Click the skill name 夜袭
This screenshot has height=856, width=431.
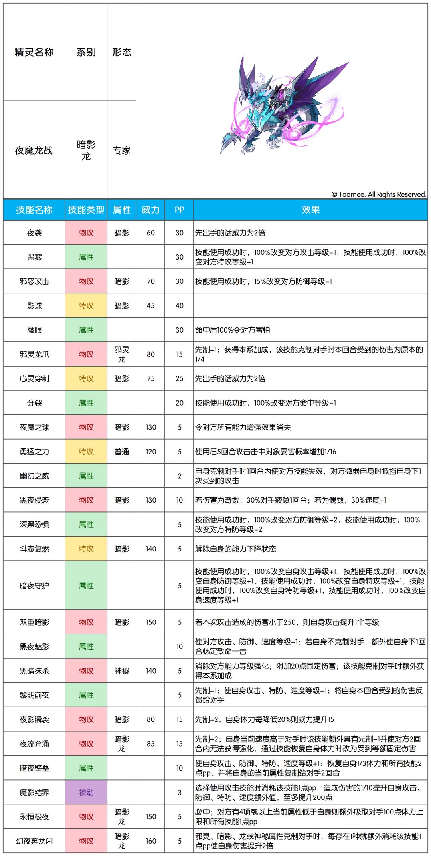[34, 233]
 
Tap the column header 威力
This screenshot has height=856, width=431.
[150, 210]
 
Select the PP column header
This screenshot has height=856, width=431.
[179, 210]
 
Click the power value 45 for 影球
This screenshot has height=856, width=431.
[150, 306]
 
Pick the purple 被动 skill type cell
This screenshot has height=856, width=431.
[86, 792]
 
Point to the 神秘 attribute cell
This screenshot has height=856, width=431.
[122, 671]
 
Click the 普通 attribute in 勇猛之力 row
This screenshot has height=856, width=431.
[122, 452]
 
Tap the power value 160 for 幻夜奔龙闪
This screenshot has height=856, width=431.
[150, 841]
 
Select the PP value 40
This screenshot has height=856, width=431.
[179, 306]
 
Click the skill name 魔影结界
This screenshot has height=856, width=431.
[34, 792]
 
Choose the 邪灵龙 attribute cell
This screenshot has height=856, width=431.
[122, 354]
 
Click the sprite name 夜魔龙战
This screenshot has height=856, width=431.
[34, 150]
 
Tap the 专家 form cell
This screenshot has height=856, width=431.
[122, 150]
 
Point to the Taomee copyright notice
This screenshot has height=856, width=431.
[379, 194]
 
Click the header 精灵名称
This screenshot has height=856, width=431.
[34, 52]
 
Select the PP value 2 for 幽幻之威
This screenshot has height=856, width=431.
[179, 476]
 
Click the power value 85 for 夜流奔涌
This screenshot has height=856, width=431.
[150, 744]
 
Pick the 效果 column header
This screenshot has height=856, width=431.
[310, 210]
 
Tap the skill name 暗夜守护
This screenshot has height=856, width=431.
[34, 586]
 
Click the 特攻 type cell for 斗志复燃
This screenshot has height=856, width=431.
[86, 549]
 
